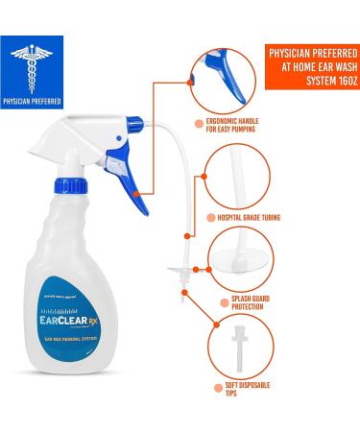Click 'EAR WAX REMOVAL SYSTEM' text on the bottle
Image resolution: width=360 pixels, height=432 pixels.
pyautogui.click(x=84, y=339)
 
